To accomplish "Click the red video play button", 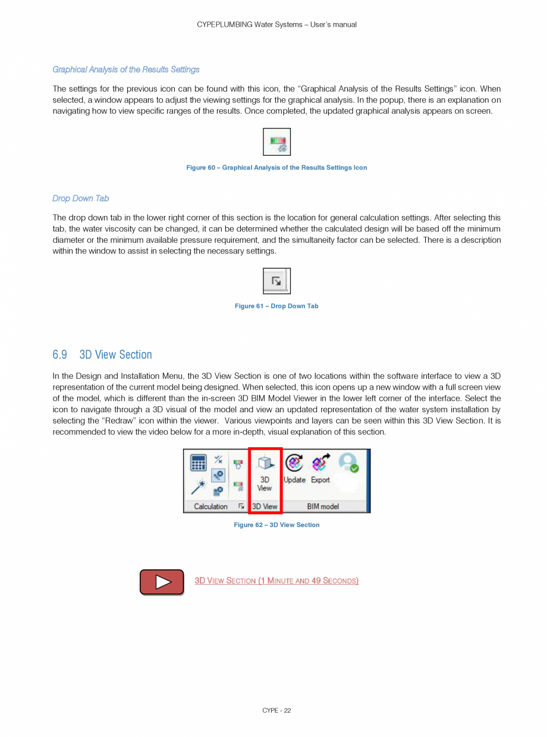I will tap(162, 582).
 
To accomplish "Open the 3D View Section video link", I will tap(276, 581).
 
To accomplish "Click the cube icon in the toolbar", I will tap(265, 463).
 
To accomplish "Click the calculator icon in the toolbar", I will tap(199, 463).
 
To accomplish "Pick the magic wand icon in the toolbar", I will tap(198, 487).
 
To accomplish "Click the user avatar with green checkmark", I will tap(348, 463).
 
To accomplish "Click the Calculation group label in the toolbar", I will tap(210, 506).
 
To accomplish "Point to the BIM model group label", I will tap(323, 506).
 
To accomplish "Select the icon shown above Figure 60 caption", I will tap(276, 142).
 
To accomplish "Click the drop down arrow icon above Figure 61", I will tap(276, 281).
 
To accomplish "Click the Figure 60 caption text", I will tap(276, 168).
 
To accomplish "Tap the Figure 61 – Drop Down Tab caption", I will tap(276, 306).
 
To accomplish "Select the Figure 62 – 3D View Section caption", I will tap(276, 525).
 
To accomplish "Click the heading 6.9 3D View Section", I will tap(102, 355).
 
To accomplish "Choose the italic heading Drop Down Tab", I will tap(81, 199).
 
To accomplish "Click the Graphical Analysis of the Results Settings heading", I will tap(126, 70).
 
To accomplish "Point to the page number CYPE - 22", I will tap(276, 710).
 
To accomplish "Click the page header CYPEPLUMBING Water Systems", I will tap(276, 24).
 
